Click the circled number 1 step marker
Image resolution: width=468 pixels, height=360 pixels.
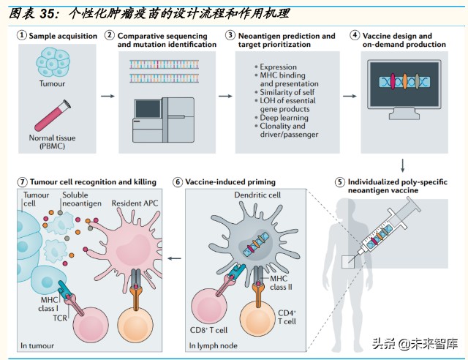pos(22,36)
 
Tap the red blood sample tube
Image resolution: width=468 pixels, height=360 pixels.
pos(53,116)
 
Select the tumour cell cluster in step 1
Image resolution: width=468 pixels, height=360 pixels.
pos(53,63)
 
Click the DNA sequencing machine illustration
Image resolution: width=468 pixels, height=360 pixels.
pos(164,120)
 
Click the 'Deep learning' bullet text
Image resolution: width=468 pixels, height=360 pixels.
pos(284,117)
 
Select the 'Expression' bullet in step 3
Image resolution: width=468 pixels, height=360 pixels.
pos(278,67)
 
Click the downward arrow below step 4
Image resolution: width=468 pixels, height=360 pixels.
pos(403,165)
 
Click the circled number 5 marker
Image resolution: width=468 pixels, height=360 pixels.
pos(340,182)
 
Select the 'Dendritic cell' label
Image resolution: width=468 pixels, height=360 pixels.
pos(257,195)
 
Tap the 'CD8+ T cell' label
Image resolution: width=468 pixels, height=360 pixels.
pos(208,330)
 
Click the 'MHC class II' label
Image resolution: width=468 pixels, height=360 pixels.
pos(281,283)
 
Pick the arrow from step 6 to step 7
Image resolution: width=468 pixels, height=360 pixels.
pos(174,258)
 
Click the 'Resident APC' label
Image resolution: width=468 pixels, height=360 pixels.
pos(135,203)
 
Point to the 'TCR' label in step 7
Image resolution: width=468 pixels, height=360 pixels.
pos(60,318)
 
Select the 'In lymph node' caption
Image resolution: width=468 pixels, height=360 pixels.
pos(213,345)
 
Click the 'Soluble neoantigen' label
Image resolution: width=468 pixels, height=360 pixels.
pos(82,199)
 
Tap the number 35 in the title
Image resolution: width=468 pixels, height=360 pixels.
pos(47,14)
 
